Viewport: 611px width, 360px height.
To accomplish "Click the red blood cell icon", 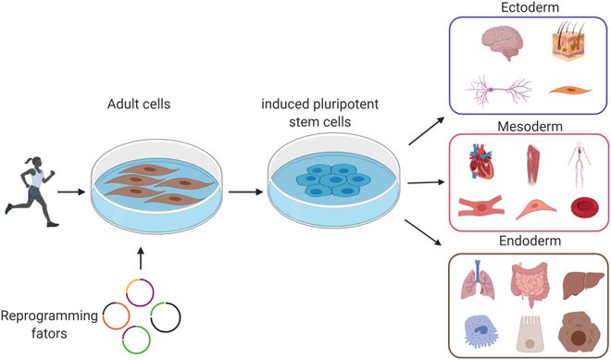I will coord(567,208).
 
